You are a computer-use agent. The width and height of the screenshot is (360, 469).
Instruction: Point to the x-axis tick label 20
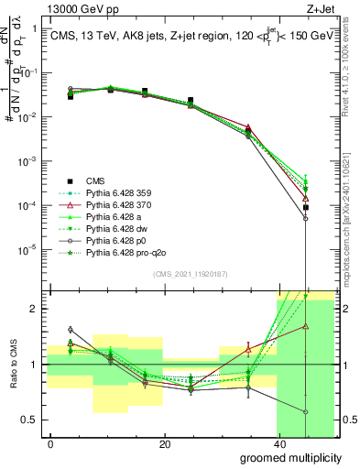coord(164,444)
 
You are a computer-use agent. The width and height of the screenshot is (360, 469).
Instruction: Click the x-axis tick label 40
coord(278,444)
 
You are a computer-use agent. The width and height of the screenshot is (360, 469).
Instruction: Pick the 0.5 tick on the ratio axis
coord(29,420)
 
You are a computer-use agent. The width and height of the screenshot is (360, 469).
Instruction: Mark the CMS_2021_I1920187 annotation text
coord(190,275)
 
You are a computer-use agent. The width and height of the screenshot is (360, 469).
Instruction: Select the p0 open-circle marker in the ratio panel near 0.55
coord(306,412)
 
